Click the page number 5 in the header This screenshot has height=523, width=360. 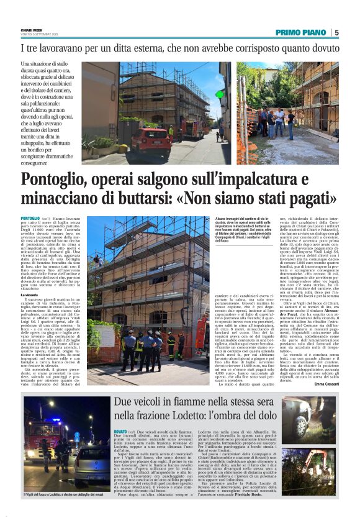[336, 32]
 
